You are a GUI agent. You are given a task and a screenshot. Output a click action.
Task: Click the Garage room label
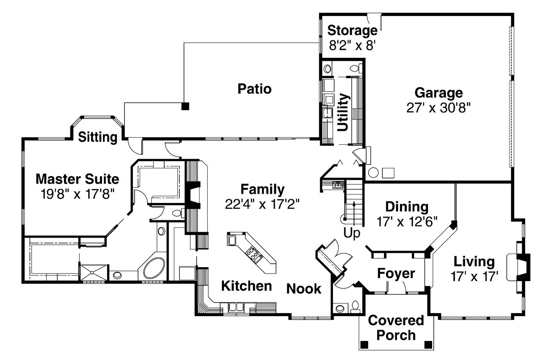point(438,92)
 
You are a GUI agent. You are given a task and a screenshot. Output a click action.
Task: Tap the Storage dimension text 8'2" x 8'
point(353,45)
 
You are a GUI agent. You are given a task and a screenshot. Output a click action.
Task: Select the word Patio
point(254,89)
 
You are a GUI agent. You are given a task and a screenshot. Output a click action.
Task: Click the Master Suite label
point(77,179)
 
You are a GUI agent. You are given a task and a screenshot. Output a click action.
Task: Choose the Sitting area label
point(97,137)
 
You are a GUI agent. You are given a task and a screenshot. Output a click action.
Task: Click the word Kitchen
point(247,286)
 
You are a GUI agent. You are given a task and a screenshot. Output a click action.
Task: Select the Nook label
point(304,289)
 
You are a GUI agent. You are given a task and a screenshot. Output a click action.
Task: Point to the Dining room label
point(407,207)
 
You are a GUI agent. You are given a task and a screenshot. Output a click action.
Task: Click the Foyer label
point(396,273)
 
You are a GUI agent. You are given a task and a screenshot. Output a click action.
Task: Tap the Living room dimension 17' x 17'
point(474,277)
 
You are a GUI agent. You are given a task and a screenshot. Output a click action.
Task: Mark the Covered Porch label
point(396,328)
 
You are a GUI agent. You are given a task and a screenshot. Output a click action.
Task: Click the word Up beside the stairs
point(352,233)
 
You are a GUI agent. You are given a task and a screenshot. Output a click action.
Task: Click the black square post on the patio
point(185,106)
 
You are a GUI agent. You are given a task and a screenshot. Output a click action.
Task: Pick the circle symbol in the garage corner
point(373,173)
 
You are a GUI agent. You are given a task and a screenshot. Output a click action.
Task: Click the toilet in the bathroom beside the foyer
point(356,306)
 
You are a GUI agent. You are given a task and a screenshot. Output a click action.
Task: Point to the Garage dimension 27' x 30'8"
point(438,107)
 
